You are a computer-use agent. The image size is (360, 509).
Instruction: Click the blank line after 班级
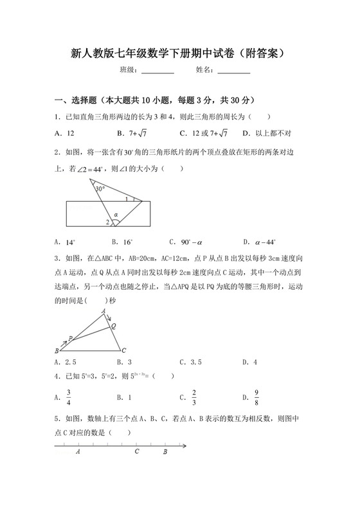point(157,73)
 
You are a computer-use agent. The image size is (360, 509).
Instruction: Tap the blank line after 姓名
point(234,73)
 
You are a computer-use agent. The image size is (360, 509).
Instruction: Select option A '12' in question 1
point(67,133)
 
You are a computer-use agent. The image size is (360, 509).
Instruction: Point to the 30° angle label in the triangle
point(100,189)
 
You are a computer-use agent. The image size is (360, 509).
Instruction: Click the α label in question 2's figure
point(116,214)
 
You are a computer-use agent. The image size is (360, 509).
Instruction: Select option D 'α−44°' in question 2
point(265,242)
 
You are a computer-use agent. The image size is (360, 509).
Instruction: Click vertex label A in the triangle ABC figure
point(104,312)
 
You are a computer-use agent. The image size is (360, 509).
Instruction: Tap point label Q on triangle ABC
point(114,326)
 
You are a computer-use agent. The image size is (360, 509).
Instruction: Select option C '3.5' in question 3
point(193,362)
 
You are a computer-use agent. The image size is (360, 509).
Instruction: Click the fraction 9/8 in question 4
point(256,398)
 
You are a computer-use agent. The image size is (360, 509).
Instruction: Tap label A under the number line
point(78,452)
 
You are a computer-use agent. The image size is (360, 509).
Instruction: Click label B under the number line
point(165,452)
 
